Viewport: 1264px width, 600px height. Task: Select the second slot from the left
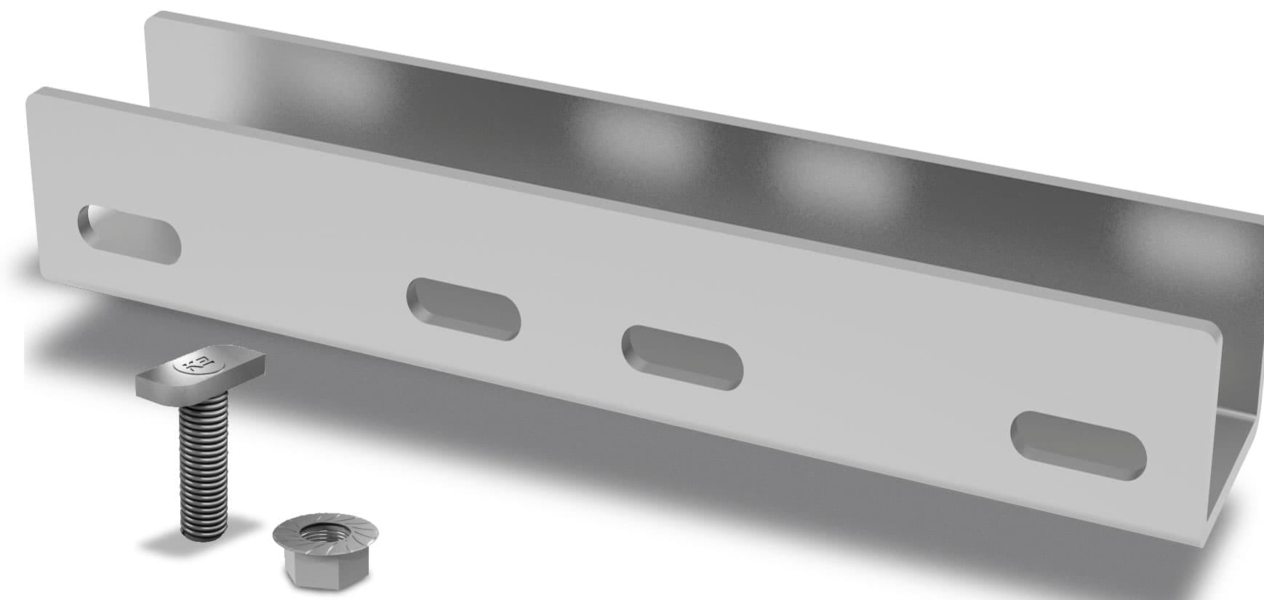point(464,309)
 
